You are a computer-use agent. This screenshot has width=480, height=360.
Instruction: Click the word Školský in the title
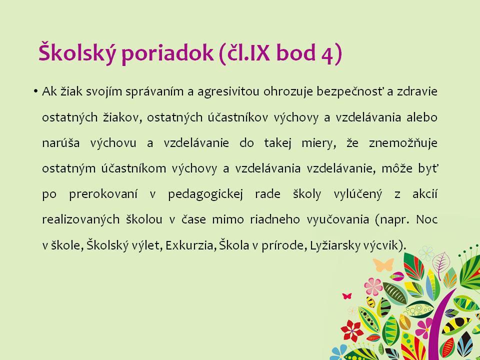point(77,52)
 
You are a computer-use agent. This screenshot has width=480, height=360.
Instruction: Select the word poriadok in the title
point(167,53)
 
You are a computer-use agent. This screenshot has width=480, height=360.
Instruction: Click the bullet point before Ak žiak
point(36,91)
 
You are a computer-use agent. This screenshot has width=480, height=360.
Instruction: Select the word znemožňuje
point(403,143)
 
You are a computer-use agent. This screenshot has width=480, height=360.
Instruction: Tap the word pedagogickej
point(205,194)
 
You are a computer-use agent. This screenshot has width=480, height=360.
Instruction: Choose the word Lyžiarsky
point(334,245)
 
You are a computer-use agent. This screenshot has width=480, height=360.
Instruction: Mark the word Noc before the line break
point(426,219)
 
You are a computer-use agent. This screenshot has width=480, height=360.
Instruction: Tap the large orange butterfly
point(383,264)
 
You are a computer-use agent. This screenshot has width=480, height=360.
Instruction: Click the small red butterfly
point(347,296)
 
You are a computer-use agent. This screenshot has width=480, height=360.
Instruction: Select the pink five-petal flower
point(373,286)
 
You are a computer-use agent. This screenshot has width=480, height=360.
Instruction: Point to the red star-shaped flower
point(352,330)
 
